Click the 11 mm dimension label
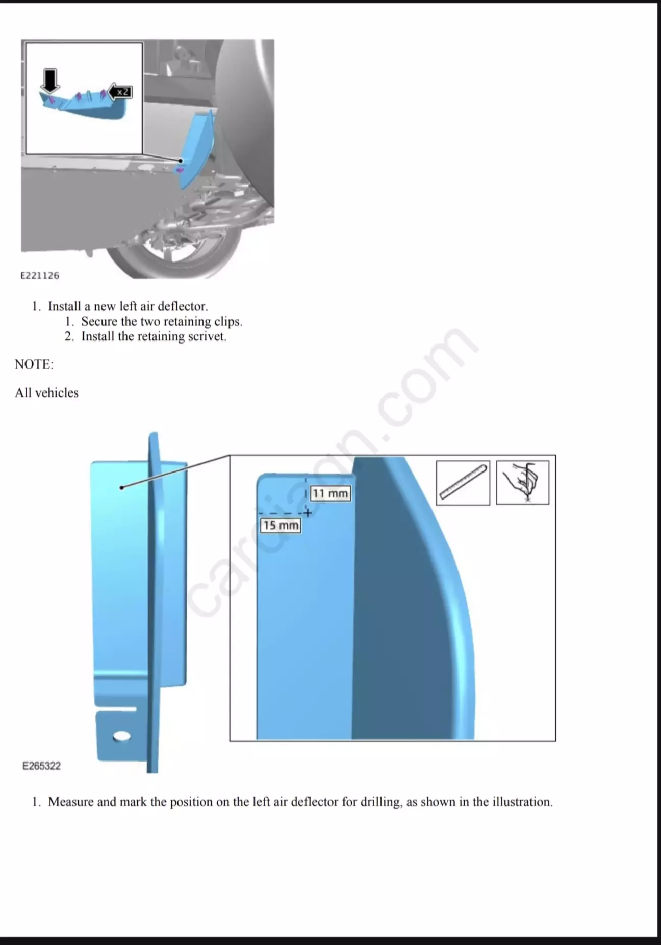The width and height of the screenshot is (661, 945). pyautogui.click(x=330, y=493)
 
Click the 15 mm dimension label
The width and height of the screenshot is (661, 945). pyautogui.click(x=281, y=526)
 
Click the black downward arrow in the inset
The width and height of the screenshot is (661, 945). pyautogui.click(x=49, y=81)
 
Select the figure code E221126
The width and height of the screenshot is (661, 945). pyautogui.click(x=40, y=276)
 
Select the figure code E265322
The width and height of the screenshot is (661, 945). pyautogui.click(x=41, y=766)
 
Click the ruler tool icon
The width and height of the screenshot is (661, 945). pyautogui.click(x=463, y=483)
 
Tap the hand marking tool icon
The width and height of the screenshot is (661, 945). pyautogui.click(x=523, y=483)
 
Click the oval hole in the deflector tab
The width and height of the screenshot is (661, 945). pyautogui.click(x=122, y=736)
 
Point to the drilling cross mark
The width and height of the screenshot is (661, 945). pyautogui.click(x=307, y=513)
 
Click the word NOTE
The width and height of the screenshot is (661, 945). pyautogui.click(x=34, y=364)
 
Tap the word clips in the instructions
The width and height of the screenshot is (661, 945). pyautogui.click(x=228, y=322)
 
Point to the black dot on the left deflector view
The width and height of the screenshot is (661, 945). pyautogui.click(x=121, y=488)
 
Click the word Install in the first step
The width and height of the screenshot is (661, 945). pyautogui.click(x=65, y=306)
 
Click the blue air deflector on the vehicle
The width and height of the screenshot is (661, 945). pyautogui.click(x=196, y=148)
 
